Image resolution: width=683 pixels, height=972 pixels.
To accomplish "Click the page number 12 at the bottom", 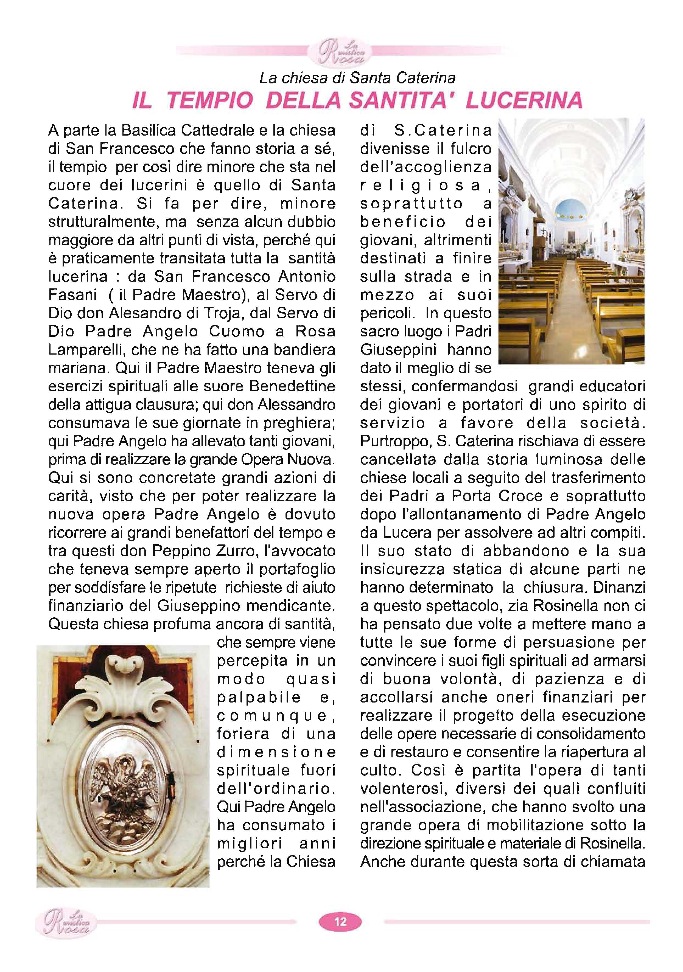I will (x=340, y=921).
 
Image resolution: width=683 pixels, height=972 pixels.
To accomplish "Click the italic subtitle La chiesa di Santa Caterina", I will (x=357, y=78).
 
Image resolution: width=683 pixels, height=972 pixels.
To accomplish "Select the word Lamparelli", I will (x=87, y=350).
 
